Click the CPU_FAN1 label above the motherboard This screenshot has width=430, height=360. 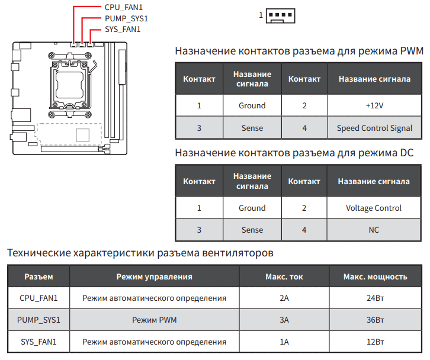[123, 7]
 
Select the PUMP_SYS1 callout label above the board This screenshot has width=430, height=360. [126, 18]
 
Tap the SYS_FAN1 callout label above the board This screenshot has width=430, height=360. [123, 29]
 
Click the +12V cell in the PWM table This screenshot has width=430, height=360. [374, 105]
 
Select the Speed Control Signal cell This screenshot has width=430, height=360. [374, 128]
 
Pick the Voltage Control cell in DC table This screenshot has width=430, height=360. [374, 208]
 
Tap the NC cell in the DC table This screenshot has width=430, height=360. [374, 230]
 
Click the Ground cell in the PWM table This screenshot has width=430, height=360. [252, 105]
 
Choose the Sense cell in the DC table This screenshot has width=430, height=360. [252, 230]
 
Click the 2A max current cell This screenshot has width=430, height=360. [284, 298]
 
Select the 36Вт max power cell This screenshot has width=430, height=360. [375, 320]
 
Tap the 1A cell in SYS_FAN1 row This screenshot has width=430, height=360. [284, 342]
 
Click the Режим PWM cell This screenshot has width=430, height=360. [154, 320]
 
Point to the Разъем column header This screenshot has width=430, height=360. [38, 277]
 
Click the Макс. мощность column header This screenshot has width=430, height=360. [375, 277]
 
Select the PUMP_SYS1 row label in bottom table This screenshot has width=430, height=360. [38, 320]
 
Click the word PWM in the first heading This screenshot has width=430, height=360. [412, 52]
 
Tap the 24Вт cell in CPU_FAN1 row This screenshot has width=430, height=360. [375, 298]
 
